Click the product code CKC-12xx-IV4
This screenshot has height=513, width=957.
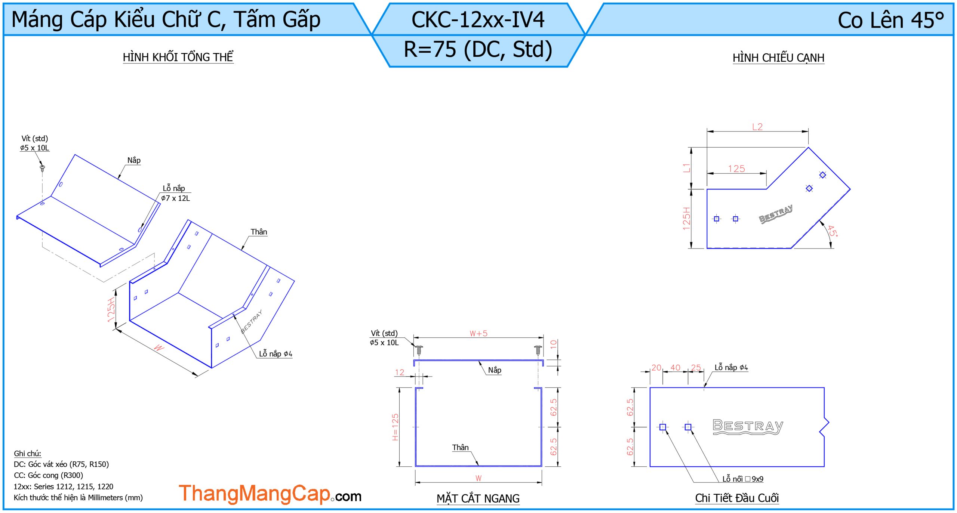(x=478, y=20)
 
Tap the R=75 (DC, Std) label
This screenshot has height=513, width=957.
(x=478, y=49)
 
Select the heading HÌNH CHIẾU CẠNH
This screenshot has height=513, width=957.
(x=778, y=58)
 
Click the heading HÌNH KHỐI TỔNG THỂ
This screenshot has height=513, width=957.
(x=178, y=57)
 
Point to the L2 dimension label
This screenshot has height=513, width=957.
(x=757, y=127)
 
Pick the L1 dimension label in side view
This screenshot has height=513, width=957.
(x=686, y=168)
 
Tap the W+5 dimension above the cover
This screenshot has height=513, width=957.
(x=478, y=333)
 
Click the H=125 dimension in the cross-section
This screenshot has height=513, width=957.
(x=395, y=427)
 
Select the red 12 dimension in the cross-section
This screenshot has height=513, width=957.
(x=400, y=373)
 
